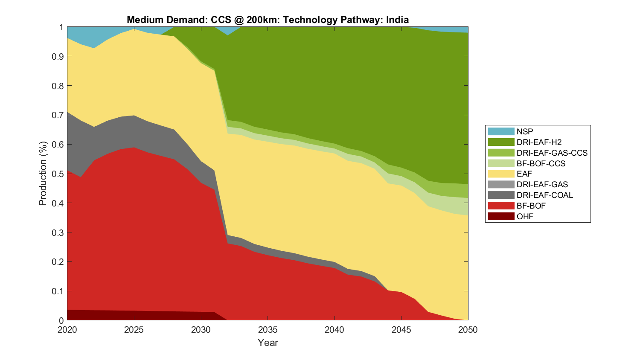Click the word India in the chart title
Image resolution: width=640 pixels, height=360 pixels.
coord(398,20)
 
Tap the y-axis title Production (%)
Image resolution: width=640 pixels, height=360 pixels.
coord(43,174)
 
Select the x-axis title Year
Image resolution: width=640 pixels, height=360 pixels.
coord(268,343)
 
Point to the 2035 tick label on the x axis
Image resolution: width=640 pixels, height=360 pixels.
coord(268,330)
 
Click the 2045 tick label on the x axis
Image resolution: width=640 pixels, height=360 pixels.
coord(401,330)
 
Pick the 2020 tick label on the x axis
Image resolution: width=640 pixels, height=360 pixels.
coord(67,330)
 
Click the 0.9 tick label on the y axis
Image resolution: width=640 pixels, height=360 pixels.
coord(58,57)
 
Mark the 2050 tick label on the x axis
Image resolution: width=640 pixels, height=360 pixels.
coord(468,330)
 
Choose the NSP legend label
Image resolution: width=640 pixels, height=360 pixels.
coord(525,132)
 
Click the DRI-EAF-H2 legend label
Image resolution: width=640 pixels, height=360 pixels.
coord(539,142)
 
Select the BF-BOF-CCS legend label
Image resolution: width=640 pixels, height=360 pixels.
coord(541,163)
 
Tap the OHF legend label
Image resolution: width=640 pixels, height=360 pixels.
coord(525,217)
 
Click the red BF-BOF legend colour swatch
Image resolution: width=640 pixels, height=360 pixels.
coord(501,206)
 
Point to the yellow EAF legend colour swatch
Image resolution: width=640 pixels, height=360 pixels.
coord(501,174)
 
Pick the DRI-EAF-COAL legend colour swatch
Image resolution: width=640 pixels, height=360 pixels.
coord(501,195)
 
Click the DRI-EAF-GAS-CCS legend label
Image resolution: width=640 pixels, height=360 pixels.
coord(552,153)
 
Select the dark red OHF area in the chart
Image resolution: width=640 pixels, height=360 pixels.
coord(128,316)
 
